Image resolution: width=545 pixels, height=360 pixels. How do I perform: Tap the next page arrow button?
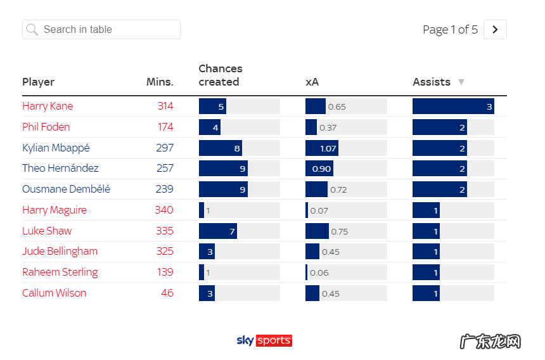tap(495, 30)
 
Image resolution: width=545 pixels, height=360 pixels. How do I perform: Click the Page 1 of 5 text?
tap(450, 30)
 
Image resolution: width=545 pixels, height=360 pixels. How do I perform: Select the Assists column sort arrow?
tap(461, 82)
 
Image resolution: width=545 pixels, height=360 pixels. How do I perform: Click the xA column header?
tap(312, 82)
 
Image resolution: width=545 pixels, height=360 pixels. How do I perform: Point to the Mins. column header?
tap(160, 82)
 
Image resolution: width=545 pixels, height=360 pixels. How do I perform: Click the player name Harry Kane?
tap(48, 106)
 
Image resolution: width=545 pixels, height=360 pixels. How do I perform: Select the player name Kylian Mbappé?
tap(56, 148)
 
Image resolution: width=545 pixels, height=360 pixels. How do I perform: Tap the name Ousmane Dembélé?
tap(66, 189)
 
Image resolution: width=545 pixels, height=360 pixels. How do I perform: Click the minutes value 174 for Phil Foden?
tap(165, 127)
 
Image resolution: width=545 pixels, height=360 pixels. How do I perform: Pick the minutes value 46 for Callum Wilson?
tap(167, 293)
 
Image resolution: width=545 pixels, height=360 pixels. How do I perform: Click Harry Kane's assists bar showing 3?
tap(452, 106)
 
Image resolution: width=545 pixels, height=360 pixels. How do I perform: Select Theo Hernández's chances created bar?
tap(223, 169)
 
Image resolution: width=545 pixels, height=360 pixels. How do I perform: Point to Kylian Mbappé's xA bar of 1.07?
tap(321, 148)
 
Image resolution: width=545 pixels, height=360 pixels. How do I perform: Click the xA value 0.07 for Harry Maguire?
tap(319, 210)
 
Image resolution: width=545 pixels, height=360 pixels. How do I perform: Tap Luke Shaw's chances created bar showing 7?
tap(217, 231)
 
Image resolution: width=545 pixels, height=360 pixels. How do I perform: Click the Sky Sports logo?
tap(264, 340)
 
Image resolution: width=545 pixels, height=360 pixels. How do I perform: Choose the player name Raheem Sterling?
tap(60, 272)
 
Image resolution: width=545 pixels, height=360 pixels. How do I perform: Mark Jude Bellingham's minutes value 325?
tap(165, 251)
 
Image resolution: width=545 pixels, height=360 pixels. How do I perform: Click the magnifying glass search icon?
tap(32, 30)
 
